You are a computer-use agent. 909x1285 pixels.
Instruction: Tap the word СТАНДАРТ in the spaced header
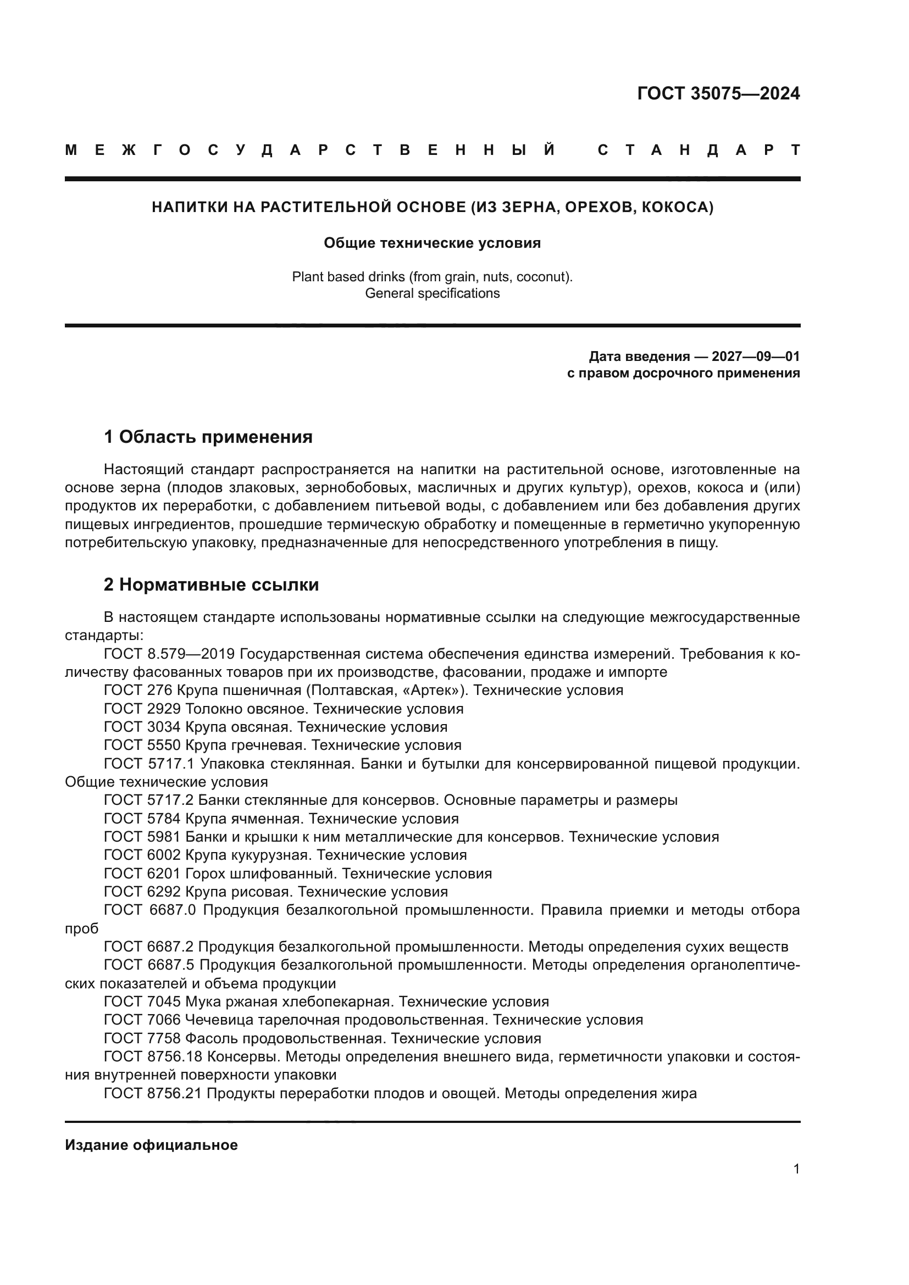tap(699, 150)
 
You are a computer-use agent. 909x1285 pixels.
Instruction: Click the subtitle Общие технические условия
tap(432, 243)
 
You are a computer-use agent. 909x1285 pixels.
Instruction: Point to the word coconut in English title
tap(542, 276)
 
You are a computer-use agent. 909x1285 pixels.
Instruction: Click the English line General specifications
tap(432, 293)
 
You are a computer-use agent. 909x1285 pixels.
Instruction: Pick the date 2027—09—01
tap(756, 357)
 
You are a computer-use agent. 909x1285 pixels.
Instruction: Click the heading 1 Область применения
tap(208, 437)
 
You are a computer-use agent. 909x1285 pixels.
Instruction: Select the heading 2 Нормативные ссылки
tap(212, 585)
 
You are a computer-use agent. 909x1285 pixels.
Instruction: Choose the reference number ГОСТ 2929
tap(142, 709)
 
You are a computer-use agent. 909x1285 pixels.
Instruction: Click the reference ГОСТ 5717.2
tap(149, 800)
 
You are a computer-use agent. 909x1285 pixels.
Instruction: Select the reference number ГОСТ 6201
tap(142, 873)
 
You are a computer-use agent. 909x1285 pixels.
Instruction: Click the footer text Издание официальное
tap(151, 1145)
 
